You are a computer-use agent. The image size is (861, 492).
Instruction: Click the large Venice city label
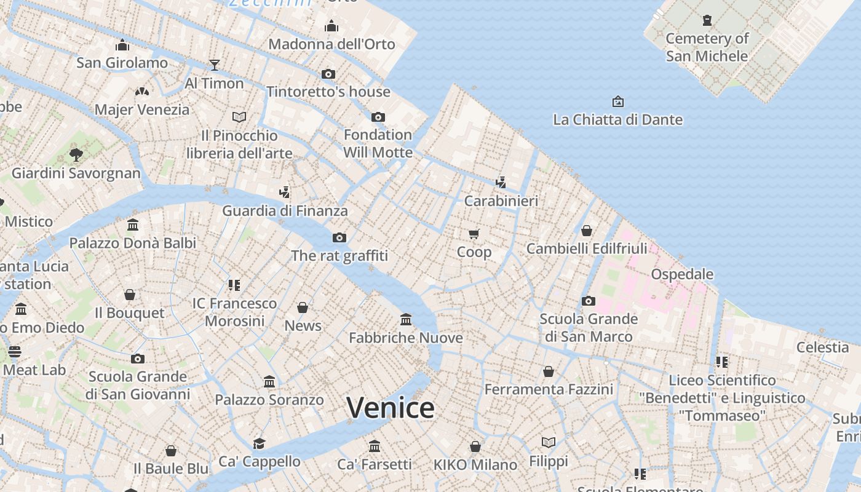[391, 408]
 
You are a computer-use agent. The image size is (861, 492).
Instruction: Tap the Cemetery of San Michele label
[707, 47]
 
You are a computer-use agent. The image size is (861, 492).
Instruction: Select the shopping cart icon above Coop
[474, 234]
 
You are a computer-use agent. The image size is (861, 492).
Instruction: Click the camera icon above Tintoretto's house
[328, 74]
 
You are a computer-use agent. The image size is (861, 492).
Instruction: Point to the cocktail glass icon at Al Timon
[215, 65]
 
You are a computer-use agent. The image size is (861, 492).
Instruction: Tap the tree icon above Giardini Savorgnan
[76, 154]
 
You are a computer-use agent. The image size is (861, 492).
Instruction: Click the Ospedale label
[682, 274]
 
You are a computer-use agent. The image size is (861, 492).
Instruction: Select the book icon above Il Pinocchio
[239, 117]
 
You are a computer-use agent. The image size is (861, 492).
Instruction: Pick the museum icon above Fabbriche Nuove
[406, 319]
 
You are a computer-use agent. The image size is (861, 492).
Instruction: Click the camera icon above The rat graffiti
[339, 237]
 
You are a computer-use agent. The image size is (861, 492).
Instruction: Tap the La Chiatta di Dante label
[617, 119]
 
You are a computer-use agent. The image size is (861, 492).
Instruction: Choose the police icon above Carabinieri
[501, 182]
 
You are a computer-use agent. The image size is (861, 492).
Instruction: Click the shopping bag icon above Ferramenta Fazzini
[549, 371]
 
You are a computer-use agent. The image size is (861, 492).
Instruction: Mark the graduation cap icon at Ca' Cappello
[260, 443]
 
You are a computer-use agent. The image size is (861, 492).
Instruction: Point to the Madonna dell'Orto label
[331, 44]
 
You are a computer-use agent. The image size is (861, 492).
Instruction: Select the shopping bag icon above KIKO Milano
[475, 446]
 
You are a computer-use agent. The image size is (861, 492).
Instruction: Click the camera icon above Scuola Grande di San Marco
[589, 301]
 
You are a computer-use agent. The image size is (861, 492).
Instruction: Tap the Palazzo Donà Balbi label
[133, 243]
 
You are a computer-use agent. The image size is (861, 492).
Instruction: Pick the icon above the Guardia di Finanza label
[284, 192]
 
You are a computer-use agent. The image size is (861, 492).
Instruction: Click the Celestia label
[822, 347]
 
